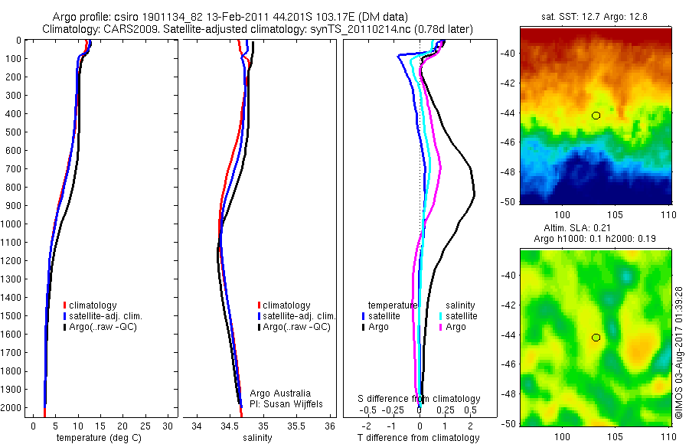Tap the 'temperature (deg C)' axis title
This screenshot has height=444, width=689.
point(96,438)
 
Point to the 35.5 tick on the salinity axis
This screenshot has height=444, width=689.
point(296,426)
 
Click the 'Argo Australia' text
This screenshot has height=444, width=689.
point(280,393)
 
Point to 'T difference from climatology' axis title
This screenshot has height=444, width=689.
point(418,438)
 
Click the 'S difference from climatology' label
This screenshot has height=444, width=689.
point(420,399)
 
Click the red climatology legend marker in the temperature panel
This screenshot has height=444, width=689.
point(64,305)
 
